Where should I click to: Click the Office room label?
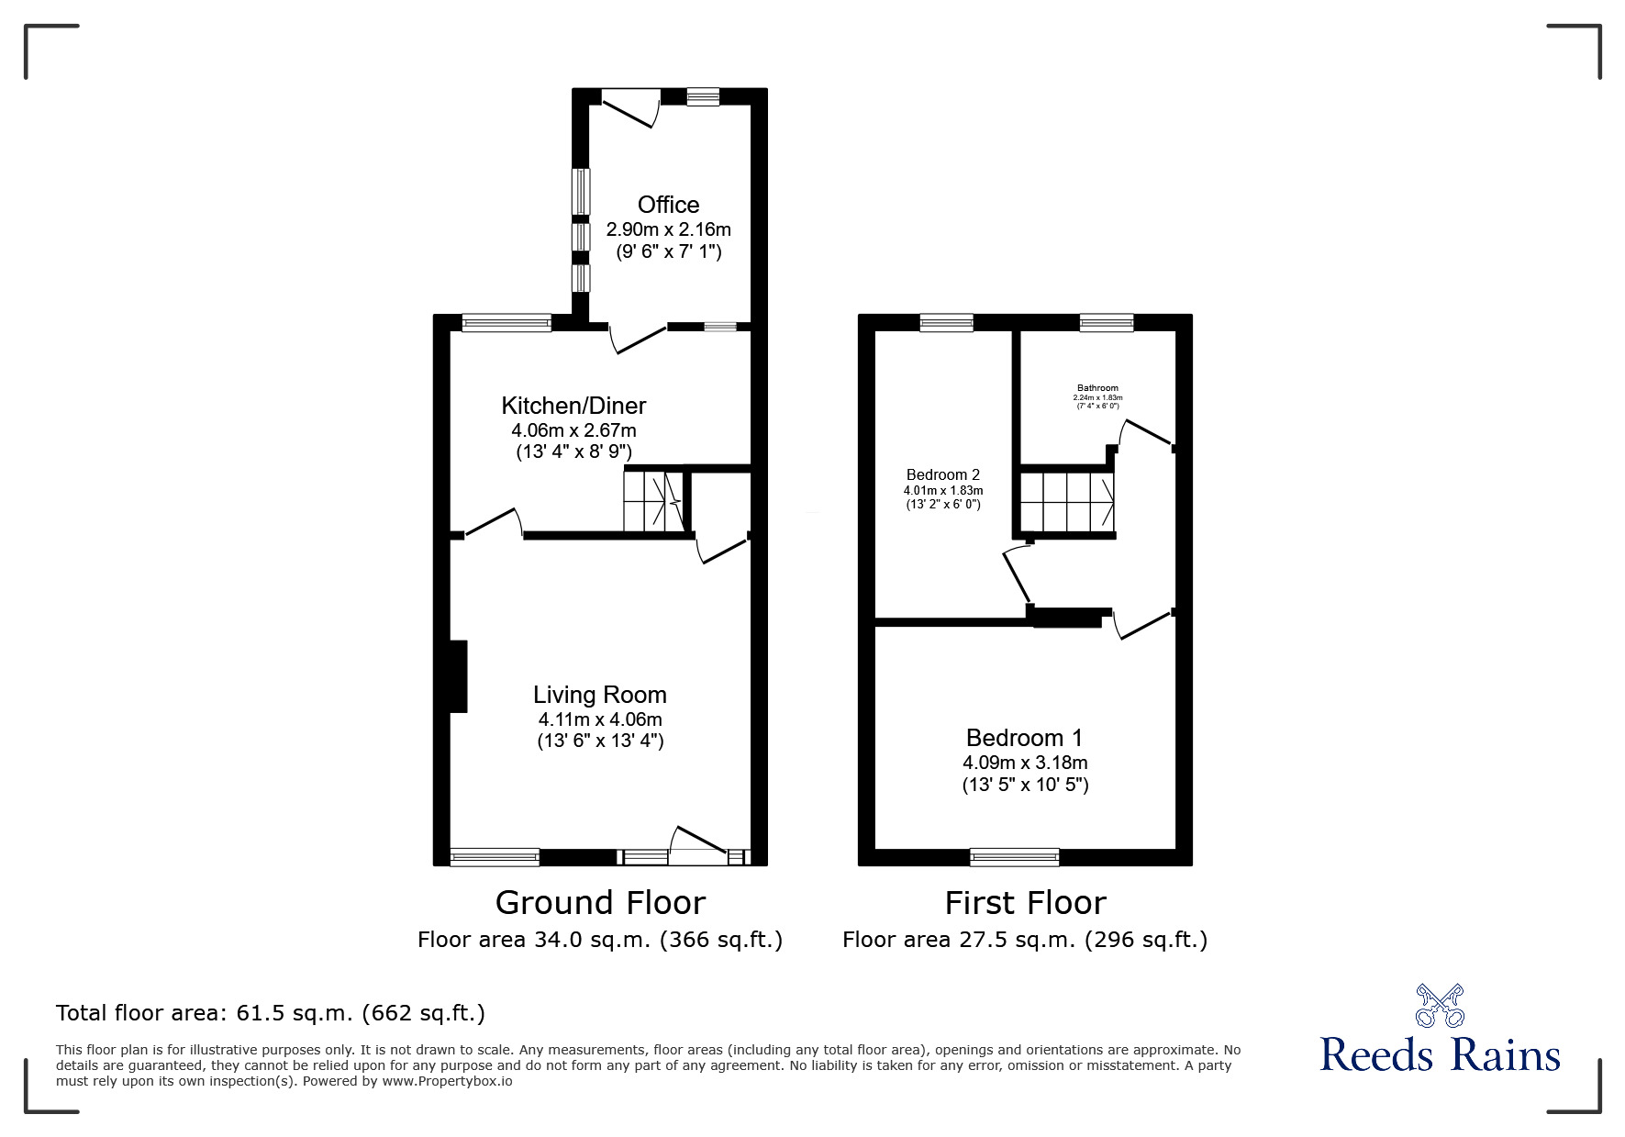(x=668, y=205)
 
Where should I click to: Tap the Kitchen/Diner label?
(x=573, y=406)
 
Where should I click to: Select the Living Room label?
(x=600, y=695)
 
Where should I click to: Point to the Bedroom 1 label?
(x=1024, y=738)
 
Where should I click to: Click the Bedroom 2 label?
(x=942, y=474)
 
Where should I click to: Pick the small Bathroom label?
(x=1097, y=388)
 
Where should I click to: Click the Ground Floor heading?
(x=600, y=903)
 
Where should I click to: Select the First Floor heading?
(x=1025, y=903)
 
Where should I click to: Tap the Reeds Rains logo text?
(x=1440, y=1055)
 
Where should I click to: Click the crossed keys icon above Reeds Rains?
(x=1440, y=1005)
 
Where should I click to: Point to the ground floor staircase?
(x=653, y=501)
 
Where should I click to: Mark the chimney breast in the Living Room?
(x=459, y=676)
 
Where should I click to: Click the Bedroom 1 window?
(x=1014, y=857)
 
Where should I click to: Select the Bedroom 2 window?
(x=946, y=322)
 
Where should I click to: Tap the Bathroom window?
(x=1106, y=322)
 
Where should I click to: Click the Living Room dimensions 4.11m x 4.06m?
(x=600, y=719)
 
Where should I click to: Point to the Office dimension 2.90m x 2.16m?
(x=668, y=229)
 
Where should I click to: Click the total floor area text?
(x=271, y=1013)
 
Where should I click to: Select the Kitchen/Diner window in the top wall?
(x=506, y=322)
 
